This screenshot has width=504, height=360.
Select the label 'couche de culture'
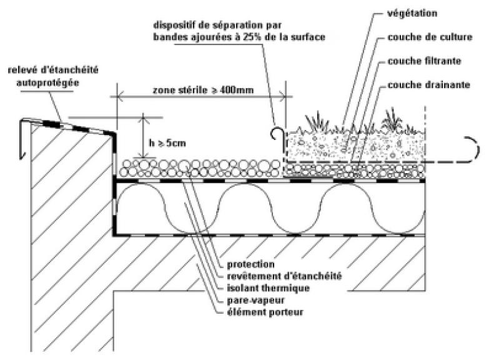click(x=430, y=37)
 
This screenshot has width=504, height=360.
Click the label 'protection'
click(x=249, y=264)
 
